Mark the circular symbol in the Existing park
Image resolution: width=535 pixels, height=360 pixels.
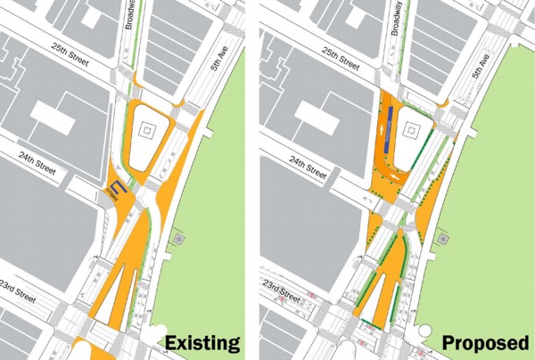tap(181, 240)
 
